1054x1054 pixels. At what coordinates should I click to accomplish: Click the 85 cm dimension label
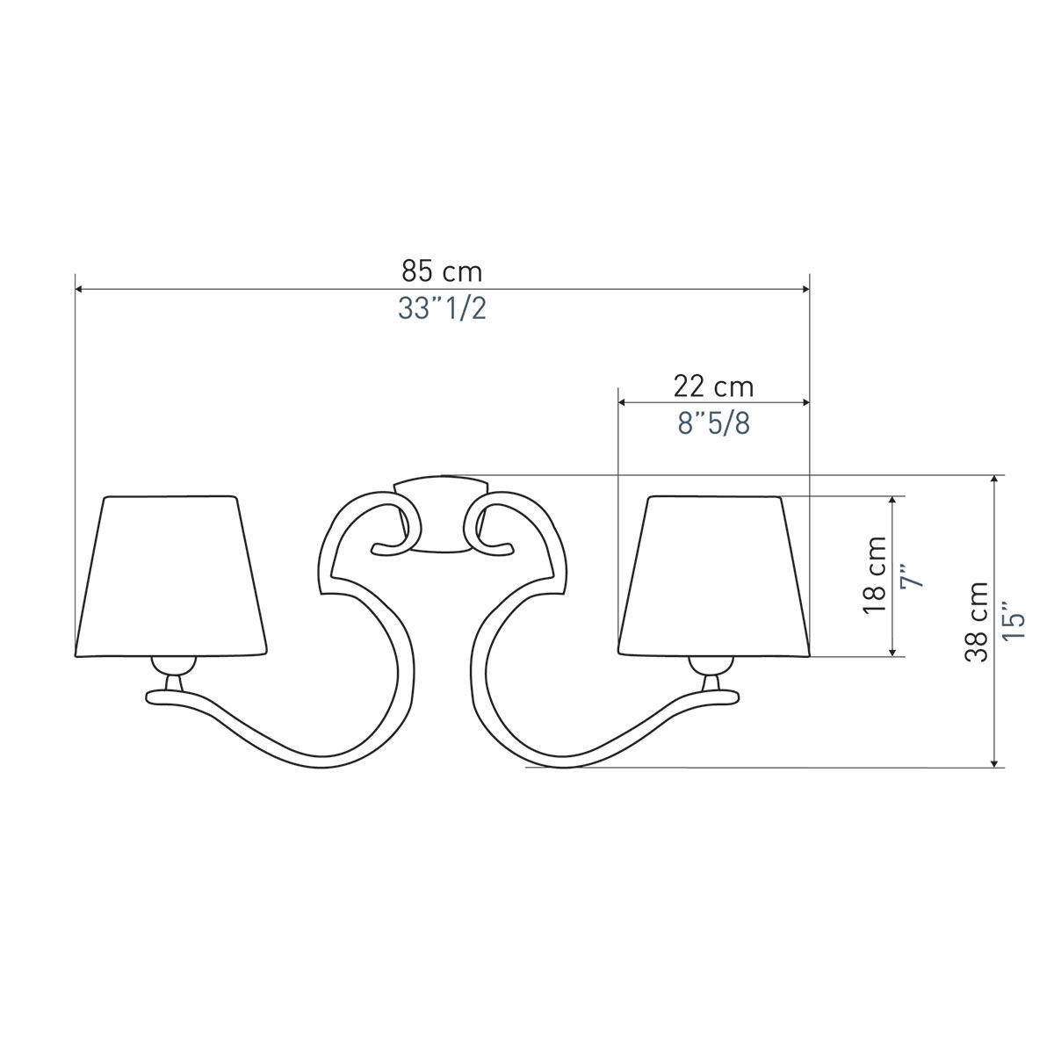[x=442, y=271]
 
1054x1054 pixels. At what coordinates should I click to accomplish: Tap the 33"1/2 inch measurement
[x=442, y=309]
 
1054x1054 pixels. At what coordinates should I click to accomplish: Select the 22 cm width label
[x=713, y=386]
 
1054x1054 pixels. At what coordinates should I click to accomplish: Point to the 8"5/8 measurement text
[x=714, y=423]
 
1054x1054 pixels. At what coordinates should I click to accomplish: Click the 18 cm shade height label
[x=875, y=574]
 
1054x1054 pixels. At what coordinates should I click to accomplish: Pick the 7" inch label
[x=913, y=576]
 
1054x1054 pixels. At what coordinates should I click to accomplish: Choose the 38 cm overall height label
[x=977, y=622]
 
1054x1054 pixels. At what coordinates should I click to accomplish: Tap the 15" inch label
[x=1013, y=622]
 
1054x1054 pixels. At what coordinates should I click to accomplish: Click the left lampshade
[x=171, y=576]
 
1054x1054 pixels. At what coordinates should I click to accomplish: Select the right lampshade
[x=714, y=576]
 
